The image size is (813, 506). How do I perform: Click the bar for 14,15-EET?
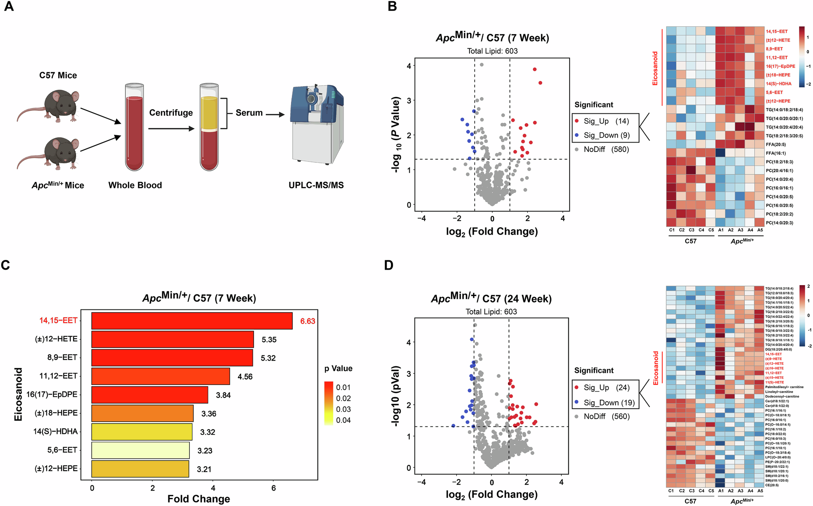pyautogui.click(x=192, y=320)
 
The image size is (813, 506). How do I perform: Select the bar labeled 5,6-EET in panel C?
pyautogui.click(x=140, y=450)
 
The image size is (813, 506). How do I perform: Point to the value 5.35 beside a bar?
pyautogui.click(x=269, y=339)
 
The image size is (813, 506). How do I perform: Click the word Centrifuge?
pyautogui.click(x=171, y=112)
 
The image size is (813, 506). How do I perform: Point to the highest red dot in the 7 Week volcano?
pyautogui.click(x=535, y=69)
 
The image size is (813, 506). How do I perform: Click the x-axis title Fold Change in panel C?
pyautogui.click(x=199, y=499)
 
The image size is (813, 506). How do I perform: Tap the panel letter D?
pyautogui.click(x=389, y=265)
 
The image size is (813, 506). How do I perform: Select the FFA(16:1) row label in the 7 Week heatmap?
pyautogui.click(x=776, y=153)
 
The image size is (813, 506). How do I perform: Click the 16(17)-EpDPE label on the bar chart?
pyautogui.click(x=52, y=394)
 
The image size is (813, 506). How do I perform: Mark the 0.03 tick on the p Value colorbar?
pyautogui.click(x=343, y=409)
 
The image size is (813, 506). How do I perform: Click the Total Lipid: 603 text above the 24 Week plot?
pyautogui.click(x=491, y=311)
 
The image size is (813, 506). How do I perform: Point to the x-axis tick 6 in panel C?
pyautogui.click(x=273, y=488)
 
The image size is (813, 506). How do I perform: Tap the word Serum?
pyautogui.click(x=249, y=113)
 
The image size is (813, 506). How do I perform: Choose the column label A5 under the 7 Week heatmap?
pyautogui.click(x=760, y=230)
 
